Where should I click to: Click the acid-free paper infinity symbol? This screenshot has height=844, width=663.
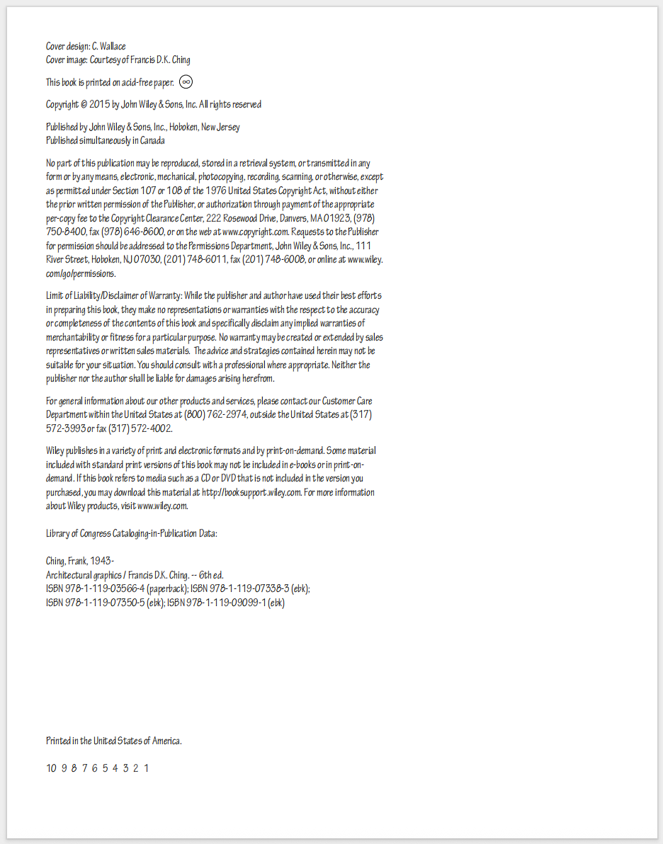pyautogui.click(x=186, y=81)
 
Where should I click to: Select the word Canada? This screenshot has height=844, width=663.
pyautogui.click(x=152, y=141)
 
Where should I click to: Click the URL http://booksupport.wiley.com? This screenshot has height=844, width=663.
pyautogui.click(x=252, y=492)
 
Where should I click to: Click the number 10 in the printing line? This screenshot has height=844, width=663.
pyautogui.click(x=51, y=768)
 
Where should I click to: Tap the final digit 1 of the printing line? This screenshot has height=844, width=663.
pyautogui.click(x=147, y=768)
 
